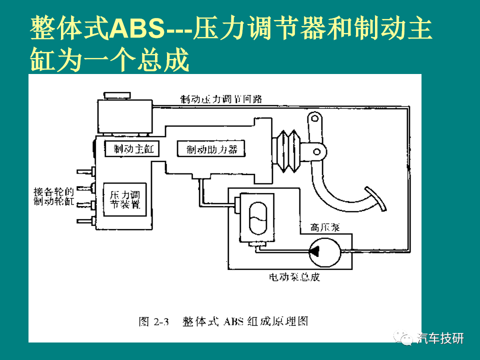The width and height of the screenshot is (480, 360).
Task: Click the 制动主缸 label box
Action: (x=131, y=149)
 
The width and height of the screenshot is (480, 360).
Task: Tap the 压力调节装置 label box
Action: (x=124, y=199)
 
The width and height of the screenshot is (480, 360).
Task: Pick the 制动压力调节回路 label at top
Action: (x=221, y=99)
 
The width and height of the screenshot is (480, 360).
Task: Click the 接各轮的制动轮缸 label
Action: (x=53, y=196)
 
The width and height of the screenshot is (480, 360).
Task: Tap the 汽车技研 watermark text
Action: (x=440, y=338)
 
